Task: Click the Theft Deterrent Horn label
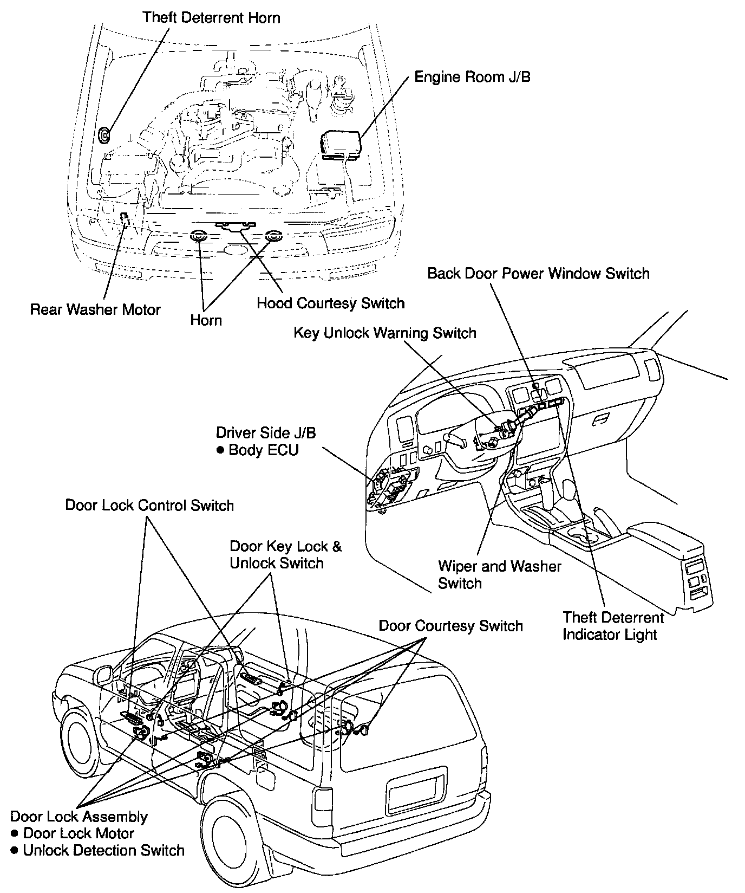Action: coord(211,18)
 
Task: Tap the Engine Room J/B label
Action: coord(472,77)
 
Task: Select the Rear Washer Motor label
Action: coord(95,309)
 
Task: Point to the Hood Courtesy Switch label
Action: coord(330,303)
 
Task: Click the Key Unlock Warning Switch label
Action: coord(384,333)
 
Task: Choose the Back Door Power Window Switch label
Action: coord(538,273)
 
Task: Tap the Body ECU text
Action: coord(263,450)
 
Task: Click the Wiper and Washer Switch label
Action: coord(499,574)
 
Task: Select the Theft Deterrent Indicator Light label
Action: coord(613,626)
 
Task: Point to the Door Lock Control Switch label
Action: coord(149,505)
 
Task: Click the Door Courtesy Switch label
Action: coord(450,626)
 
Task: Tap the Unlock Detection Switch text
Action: coord(103,850)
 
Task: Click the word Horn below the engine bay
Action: coord(206,320)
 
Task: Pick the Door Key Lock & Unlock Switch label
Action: coord(285,554)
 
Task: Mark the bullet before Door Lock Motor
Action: coord(15,833)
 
